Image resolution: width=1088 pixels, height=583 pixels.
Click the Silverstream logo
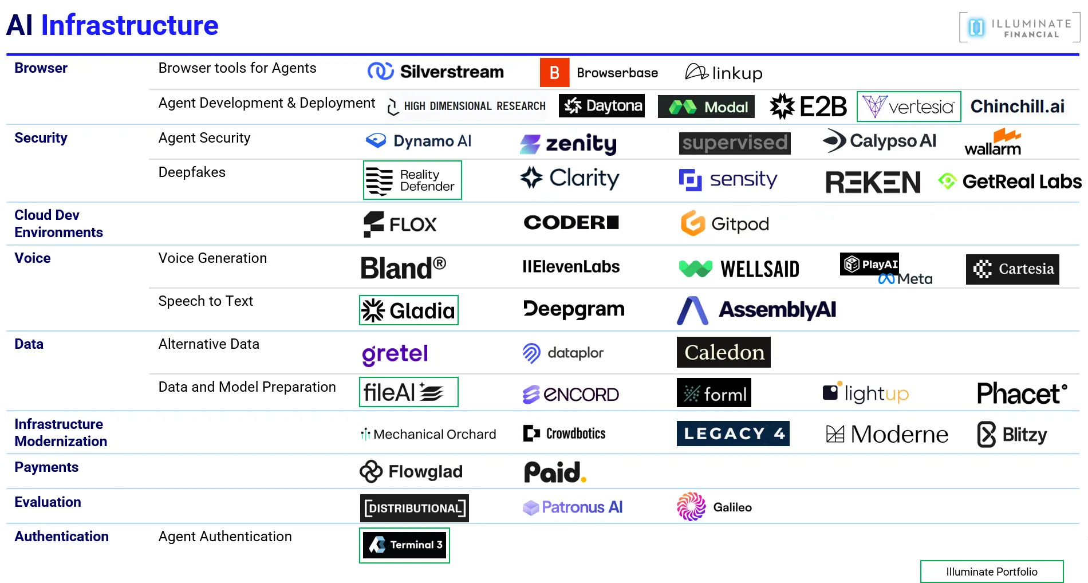click(436, 72)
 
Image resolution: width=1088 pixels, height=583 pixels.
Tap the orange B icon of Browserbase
click(554, 73)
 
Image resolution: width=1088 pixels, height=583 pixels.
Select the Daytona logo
click(601, 106)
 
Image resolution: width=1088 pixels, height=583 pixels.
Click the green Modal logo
click(705, 107)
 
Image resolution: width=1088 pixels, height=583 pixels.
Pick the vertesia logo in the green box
click(908, 107)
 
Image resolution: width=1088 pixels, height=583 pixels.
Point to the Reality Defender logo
click(412, 180)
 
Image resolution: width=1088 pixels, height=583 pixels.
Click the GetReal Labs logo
click(1010, 182)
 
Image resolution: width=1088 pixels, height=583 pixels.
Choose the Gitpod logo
click(724, 223)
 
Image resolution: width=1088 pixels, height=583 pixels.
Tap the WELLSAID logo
click(739, 269)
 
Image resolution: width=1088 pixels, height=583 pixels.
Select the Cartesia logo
click(1012, 269)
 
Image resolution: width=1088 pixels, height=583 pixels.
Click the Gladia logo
click(408, 310)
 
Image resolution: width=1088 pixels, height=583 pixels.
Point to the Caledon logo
click(723, 352)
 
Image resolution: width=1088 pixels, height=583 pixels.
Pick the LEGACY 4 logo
click(732, 434)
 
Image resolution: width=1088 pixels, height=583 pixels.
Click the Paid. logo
click(555, 472)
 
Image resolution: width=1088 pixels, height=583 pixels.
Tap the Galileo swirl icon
click(691, 507)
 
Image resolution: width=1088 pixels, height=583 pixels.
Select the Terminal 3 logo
click(404, 545)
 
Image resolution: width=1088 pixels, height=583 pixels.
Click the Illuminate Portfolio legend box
click(991, 572)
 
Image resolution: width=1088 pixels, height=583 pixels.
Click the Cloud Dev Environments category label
click(58, 223)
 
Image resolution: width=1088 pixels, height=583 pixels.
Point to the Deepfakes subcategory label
click(192, 172)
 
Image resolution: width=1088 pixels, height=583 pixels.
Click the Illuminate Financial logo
click(1019, 27)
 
